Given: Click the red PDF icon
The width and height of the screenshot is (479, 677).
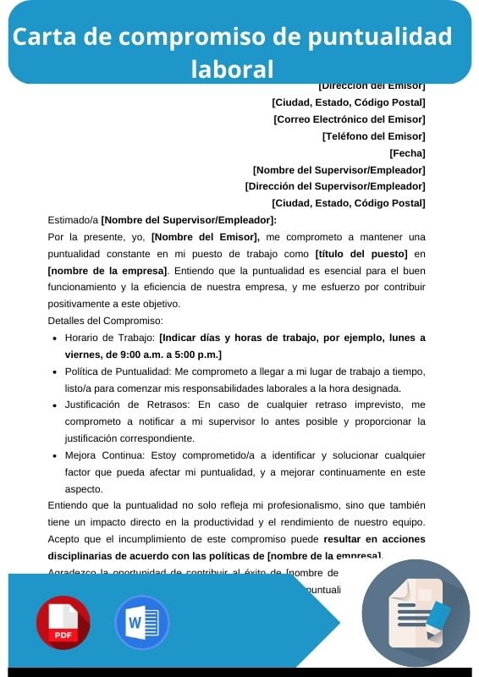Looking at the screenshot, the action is click(63, 623).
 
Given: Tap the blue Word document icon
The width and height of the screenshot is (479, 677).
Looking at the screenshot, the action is click(141, 623).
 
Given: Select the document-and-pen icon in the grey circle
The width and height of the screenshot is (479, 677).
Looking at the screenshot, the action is click(416, 613).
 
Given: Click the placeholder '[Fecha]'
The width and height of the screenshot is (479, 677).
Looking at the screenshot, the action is click(407, 153).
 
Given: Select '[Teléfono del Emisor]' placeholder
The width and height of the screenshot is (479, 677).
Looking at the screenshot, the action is click(373, 136).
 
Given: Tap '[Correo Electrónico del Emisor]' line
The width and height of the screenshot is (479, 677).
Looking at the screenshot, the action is click(349, 119).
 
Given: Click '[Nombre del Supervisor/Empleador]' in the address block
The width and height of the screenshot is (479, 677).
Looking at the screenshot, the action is click(339, 170).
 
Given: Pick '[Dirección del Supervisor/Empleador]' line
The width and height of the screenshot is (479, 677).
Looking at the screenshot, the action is click(335, 186).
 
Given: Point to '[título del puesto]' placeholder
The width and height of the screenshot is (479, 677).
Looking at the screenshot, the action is click(361, 254).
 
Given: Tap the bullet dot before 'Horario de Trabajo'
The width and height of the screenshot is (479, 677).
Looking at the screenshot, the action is click(54, 338).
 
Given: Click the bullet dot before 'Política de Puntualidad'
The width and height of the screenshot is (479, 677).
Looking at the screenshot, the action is click(54, 372).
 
